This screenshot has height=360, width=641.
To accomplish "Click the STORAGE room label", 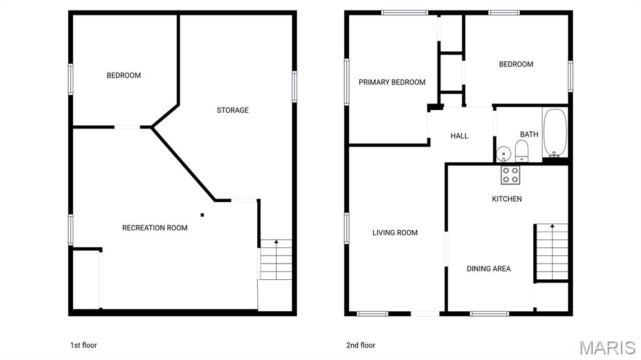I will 233,110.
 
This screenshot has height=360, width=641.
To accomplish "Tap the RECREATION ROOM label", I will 155,228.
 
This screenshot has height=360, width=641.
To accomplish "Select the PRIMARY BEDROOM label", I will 392,82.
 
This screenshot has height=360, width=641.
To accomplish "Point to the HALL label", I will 459,136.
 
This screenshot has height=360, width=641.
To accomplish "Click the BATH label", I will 529,134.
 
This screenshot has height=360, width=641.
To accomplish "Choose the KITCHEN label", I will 506,199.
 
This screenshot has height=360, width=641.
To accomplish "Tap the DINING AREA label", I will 489,269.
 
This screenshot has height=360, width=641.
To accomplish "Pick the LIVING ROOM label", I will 395,233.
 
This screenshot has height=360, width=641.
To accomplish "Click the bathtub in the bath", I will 554,133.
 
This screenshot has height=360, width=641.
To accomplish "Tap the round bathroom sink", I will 503,154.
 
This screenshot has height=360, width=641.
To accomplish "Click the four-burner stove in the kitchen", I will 510,175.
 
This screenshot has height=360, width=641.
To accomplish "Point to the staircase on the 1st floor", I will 276,260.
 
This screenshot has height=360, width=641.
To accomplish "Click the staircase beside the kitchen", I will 552,251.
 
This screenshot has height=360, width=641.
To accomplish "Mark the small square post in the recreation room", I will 202,215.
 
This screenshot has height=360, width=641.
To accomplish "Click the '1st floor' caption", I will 83,345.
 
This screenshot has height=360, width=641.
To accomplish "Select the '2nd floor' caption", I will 361,345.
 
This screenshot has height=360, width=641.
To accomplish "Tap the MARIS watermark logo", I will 607,347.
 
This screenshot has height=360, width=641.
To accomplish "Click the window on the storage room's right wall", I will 294,86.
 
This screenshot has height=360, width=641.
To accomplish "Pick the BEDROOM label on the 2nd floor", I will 516,64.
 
